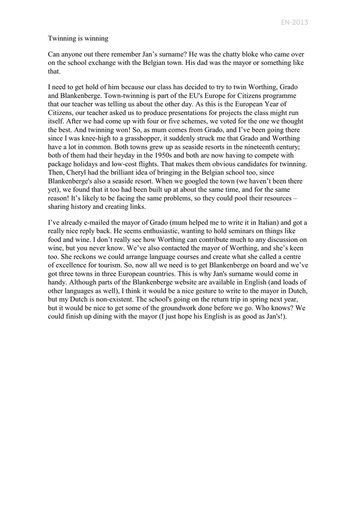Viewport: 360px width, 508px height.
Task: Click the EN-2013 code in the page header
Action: (x=294, y=22)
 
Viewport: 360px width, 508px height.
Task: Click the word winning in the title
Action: (x=95, y=38)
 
